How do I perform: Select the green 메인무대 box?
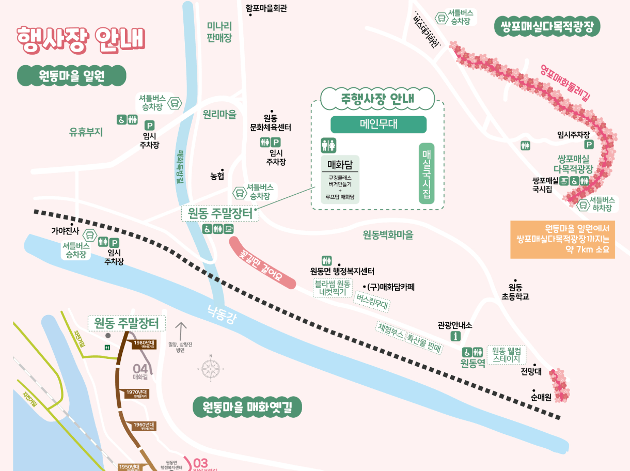tap(379, 124)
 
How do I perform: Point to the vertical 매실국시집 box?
tap(427, 174)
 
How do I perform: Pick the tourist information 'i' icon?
tap(456, 336)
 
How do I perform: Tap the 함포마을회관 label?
tap(266, 8)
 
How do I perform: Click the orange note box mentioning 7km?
tap(562, 240)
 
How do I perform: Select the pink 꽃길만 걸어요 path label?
tap(262, 262)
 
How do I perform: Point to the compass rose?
tap(211, 368)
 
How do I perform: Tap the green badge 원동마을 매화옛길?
tap(247, 407)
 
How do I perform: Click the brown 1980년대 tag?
tap(144, 344)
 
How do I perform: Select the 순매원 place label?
tap(541, 397)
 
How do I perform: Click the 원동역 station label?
tap(472, 364)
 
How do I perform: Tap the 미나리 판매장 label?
tap(219, 32)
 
